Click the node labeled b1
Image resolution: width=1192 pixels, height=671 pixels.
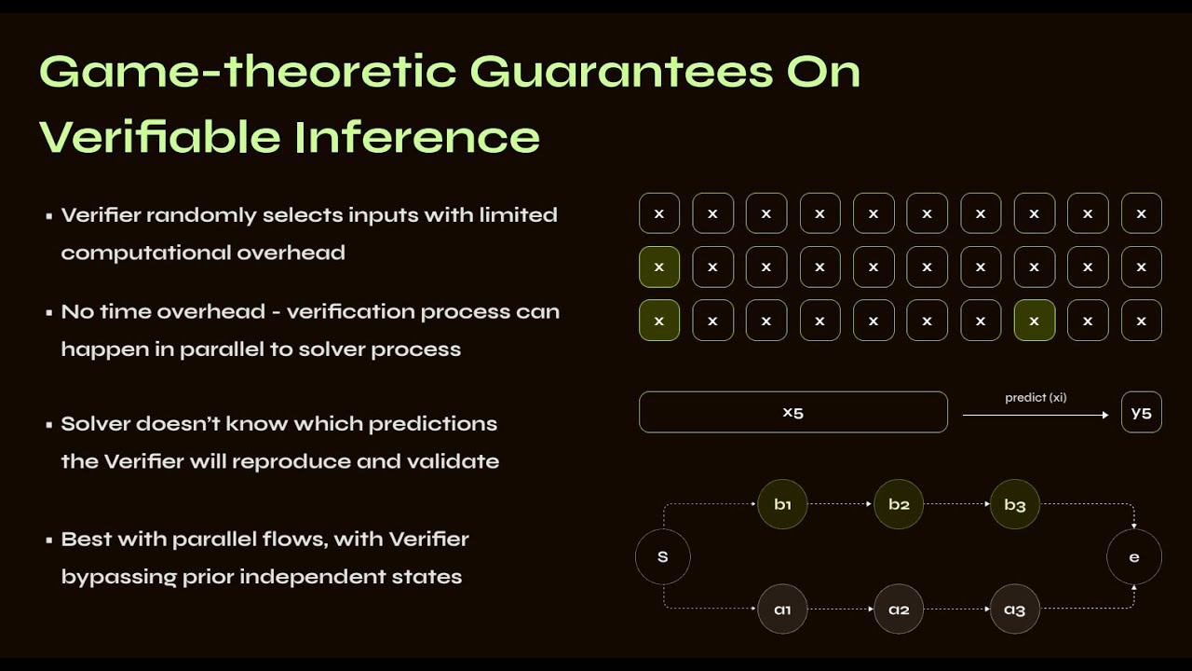tap(782, 504)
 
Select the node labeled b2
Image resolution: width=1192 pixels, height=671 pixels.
tap(899, 504)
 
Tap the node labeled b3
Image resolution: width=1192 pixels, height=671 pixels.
tap(1015, 504)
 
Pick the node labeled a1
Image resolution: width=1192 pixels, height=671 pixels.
tap(782, 609)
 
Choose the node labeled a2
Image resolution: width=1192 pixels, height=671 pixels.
tap(899, 609)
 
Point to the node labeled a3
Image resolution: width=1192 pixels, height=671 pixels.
tap(1015, 609)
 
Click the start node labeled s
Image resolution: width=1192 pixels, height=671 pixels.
tap(663, 557)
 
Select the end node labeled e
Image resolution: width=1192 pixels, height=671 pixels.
tap(1134, 557)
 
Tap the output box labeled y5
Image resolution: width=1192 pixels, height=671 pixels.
tap(1142, 413)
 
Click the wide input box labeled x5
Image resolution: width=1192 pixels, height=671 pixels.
tap(792, 412)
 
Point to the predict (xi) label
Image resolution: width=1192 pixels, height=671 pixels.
tap(1036, 398)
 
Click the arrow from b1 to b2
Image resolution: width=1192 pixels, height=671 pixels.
tap(840, 504)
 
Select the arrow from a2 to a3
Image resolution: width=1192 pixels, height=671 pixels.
tap(956, 609)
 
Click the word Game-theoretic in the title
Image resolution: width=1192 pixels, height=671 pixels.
tap(248, 72)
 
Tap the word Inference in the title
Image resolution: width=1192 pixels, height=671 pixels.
tap(417, 137)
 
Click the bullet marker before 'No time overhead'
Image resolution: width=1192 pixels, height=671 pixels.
tap(48, 313)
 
